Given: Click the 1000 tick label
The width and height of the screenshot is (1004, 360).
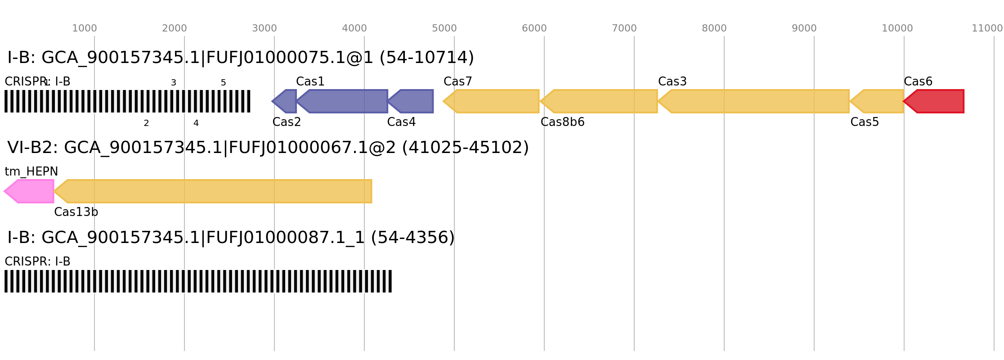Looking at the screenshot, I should tap(85, 28).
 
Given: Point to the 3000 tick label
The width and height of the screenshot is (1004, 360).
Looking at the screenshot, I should tap(264, 28).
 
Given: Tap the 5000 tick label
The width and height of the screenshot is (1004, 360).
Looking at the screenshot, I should tap(444, 28).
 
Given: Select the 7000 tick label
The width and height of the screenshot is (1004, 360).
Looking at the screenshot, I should tap(624, 28).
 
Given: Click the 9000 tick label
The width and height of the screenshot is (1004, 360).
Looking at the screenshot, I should tap(804, 28).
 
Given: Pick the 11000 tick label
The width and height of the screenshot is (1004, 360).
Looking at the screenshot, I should tap(987, 28).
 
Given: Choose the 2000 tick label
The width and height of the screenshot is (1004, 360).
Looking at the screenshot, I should tap(175, 28).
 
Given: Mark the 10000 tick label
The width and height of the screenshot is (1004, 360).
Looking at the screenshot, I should tap(897, 28).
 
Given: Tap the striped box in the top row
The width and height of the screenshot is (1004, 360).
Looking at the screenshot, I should tap(127, 101).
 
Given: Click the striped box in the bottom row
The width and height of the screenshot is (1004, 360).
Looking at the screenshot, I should tap(198, 281).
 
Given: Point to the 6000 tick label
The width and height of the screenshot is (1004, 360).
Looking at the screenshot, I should tap(534, 28).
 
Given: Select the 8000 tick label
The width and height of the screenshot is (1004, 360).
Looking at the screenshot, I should tap(714, 28).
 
